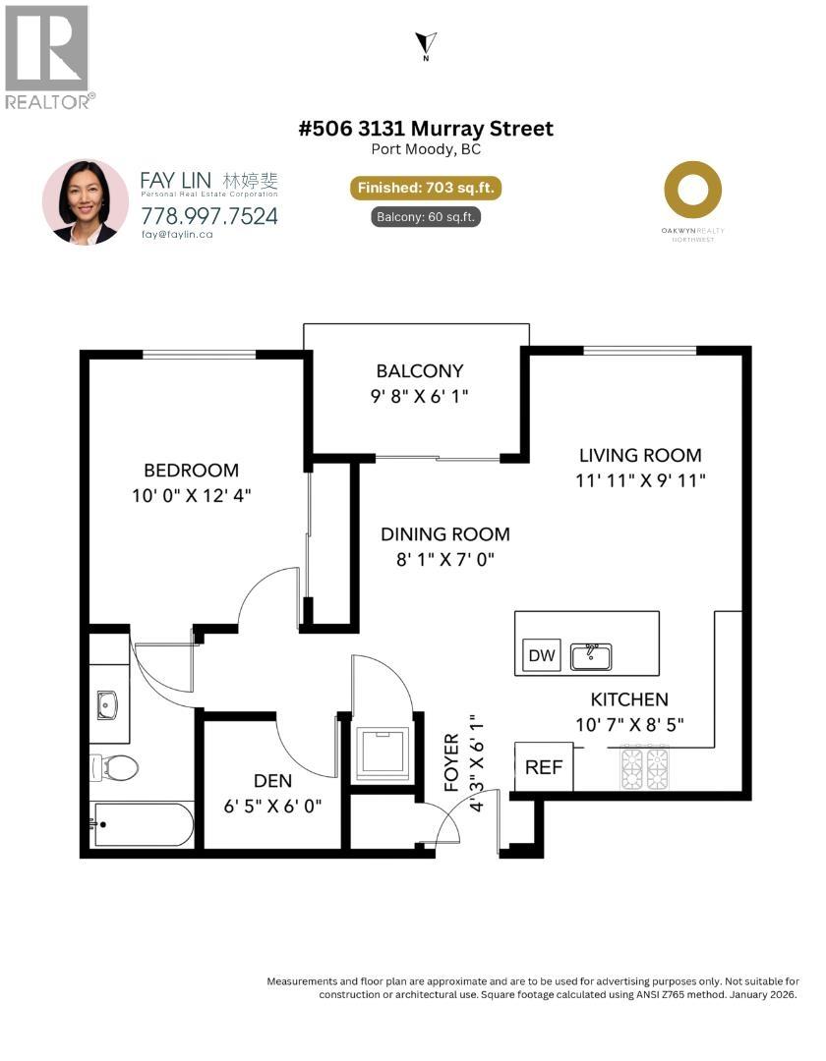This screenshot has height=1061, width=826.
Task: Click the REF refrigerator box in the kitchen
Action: point(543,767)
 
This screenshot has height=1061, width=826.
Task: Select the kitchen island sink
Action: point(591,655)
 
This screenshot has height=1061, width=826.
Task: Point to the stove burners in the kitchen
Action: point(644,767)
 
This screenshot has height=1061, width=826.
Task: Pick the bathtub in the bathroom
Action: point(143,824)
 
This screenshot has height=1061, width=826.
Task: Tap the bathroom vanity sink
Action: point(107,704)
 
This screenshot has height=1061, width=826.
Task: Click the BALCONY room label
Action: point(419,370)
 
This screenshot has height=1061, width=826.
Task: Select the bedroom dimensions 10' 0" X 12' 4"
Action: point(191,496)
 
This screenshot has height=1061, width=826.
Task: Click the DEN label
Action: point(272,781)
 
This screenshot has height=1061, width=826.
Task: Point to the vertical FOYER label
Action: point(452,761)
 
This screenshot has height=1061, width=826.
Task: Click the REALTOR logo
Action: point(49,57)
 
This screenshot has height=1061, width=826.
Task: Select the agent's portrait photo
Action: point(86,202)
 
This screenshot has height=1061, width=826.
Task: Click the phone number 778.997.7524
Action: point(208,215)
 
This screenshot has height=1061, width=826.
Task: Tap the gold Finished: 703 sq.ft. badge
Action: point(425,188)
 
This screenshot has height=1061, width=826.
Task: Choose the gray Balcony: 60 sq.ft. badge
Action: point(425,217)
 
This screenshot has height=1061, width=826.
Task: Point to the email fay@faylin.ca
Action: point(178,235)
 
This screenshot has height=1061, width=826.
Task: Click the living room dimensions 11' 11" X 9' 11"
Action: point(640,480)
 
